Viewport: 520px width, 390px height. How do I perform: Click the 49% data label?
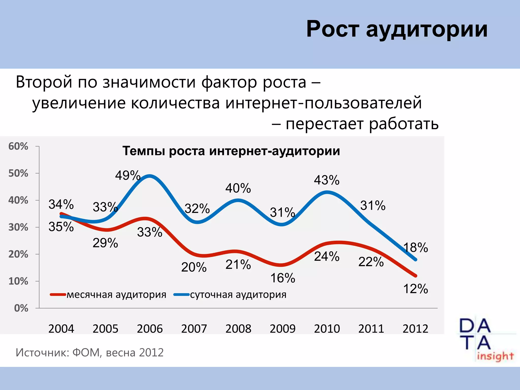(128, 175)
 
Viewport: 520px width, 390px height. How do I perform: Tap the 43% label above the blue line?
(327, 180)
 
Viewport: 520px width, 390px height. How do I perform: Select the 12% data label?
(415, 289)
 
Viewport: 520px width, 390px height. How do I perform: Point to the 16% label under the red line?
(283, 278)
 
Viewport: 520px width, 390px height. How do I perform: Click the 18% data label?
(416, 247)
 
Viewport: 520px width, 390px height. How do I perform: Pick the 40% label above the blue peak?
(238, 188)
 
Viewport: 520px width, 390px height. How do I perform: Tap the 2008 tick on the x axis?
(238, 329)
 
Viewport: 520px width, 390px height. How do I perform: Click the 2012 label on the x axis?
(415, 329)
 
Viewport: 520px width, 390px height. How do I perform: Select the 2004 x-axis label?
(61, 329)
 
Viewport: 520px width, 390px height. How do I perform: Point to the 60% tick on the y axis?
(18, 146)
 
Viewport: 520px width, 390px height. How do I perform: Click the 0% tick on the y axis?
(21, 308)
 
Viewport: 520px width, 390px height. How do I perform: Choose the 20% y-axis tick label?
(18, 254)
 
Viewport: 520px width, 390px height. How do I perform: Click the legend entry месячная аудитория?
(116, 295)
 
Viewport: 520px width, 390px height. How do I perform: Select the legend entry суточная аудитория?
(238, 295)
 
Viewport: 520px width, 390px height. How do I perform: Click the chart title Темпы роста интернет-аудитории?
(231, 151)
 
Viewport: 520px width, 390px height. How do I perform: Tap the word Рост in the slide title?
(333, 29)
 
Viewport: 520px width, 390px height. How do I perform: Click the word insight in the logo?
(495, 356)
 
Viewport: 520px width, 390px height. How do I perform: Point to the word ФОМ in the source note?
(86, 353)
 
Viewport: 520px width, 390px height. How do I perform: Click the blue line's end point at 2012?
(415, 259)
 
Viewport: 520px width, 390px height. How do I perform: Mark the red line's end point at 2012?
(415, 276)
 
